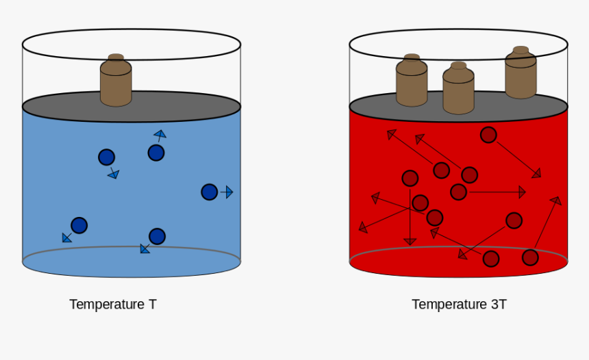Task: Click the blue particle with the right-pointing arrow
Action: click(x=209, y=192)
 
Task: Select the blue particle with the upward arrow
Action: click(x=156, y=153)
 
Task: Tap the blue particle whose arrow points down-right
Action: click(x=106, y=157)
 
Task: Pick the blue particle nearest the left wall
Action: click(x=79, y=225)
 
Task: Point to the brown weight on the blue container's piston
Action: click(x=116, y=80)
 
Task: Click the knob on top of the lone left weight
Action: click(x=116, y=57)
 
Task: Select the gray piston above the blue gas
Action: click(x=131, y=107)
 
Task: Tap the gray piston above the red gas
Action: click(x=458, y=107)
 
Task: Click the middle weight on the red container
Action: click(x=458, y=88)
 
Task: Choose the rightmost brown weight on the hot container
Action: click(x=521, y=73)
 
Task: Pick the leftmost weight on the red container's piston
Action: click(x=412, y=80)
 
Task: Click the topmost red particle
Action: click(x=488, y=135)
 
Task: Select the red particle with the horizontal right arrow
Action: click(x=458, y=192)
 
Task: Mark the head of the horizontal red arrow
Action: click(x=522, y=192)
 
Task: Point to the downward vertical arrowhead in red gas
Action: click(x=410, y=242)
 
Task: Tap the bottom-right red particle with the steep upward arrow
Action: click(x=530, y=257)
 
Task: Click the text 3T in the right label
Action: click(x=499, y=304)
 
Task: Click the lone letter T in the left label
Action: click(x=153, y=304)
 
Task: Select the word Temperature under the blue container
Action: click(x=107, y=304)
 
